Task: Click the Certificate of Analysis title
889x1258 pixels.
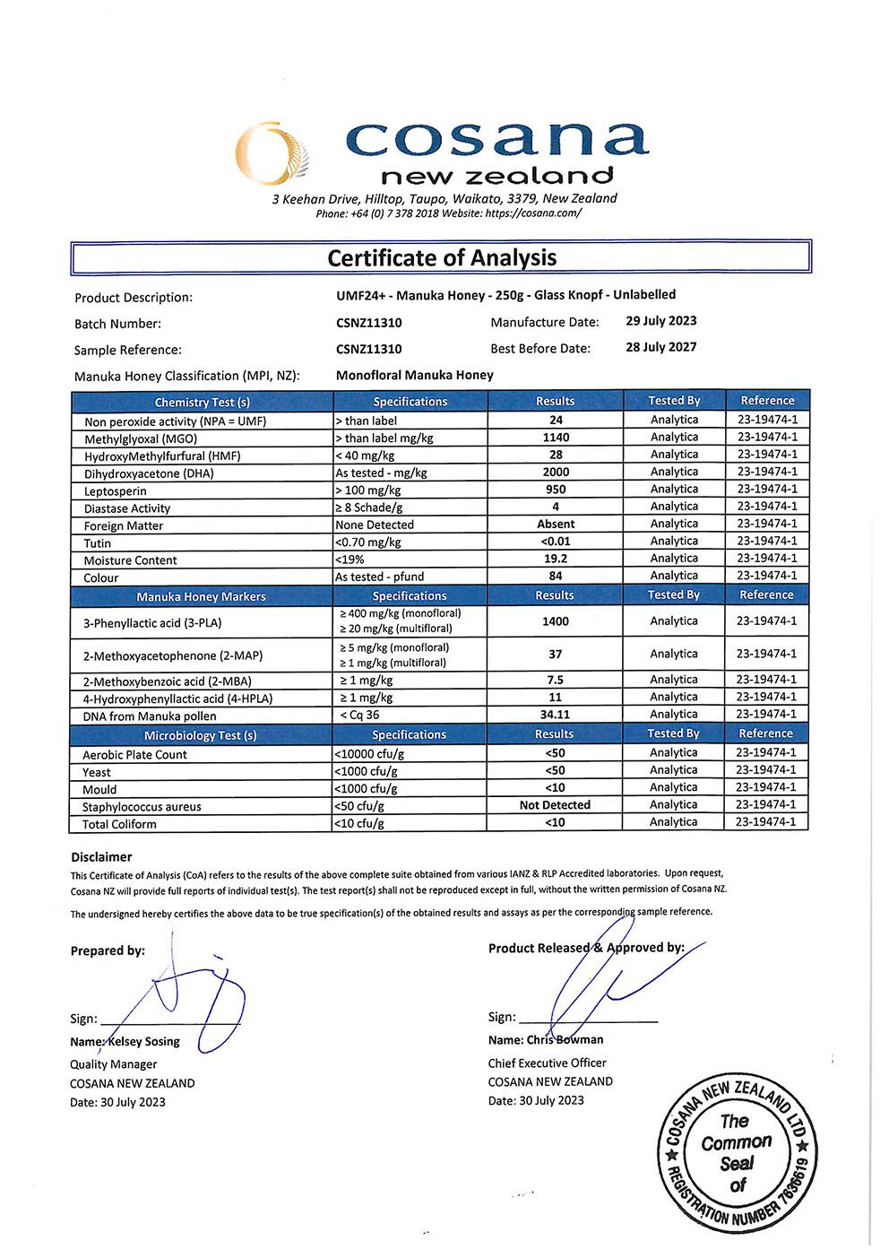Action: (442, 258)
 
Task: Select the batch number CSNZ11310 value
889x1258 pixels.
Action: (368, 323)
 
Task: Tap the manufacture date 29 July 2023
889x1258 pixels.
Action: (660, 321)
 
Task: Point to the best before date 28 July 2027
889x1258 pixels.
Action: (660, 347)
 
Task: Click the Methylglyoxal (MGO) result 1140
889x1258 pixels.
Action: (556, 438)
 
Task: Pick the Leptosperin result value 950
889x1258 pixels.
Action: (556, 490)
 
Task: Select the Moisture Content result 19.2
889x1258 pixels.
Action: (556, 559)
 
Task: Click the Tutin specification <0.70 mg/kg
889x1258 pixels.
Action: (368, 542)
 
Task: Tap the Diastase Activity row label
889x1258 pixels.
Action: (127, 508)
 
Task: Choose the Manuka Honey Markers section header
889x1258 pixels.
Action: (201, 596)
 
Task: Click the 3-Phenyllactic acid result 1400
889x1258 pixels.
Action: (556, 621)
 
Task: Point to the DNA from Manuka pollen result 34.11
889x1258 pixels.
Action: (556, 715)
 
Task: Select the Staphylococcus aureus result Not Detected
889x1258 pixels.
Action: (555, 805)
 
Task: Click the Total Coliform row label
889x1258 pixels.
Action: (119, 824)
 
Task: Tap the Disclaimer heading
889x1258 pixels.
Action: (101, 857)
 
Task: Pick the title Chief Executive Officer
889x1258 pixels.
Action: (547, 1063)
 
